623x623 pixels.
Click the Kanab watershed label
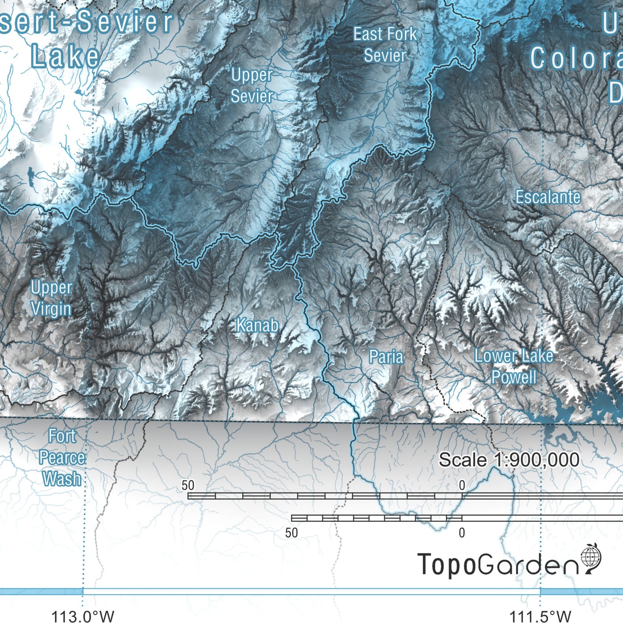tap(257, 326)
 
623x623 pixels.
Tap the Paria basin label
tap(386, 357)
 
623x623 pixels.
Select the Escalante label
tap(548, 197)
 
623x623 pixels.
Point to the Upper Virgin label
tap(51, 298)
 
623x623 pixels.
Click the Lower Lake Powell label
tap(513, 366)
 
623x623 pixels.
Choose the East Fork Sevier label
tap(385, 45)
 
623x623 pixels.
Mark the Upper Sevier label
tap(252, 86)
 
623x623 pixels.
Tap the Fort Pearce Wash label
tap(62, 457)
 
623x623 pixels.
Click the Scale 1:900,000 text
tap(509, 460)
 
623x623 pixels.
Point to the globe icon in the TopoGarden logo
tap(591, 557)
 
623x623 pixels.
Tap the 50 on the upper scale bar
tap(188, 485)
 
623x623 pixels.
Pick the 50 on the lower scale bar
tap(291, 533)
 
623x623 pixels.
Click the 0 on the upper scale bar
tap(462, 485)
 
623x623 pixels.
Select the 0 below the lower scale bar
tap(462, 533)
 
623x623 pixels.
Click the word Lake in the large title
tap(66, 57)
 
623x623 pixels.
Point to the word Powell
tap(514, 377)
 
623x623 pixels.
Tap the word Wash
tap(62, 479)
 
